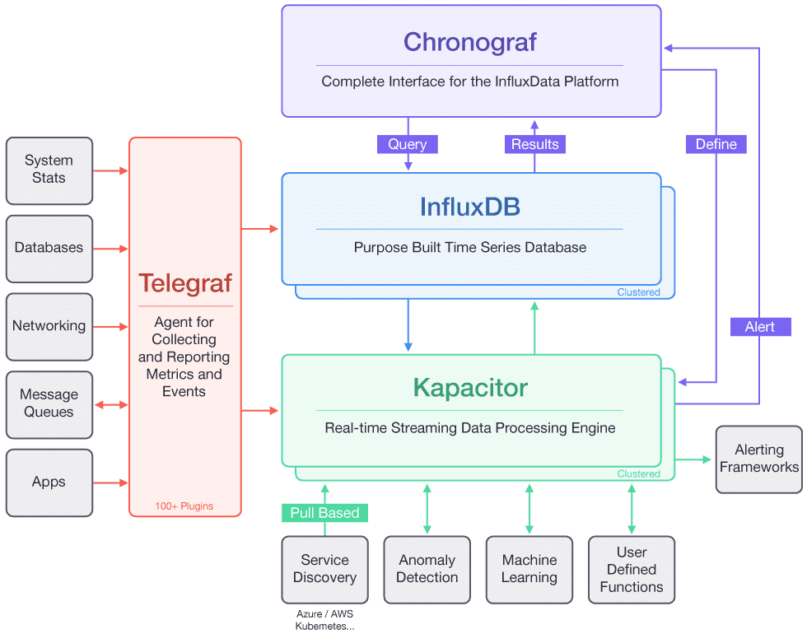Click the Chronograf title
[x=469, y=42]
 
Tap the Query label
[x=408, y=144]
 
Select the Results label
[x=534, y=144]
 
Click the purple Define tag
[x=716, y=144]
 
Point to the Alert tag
[x=759, y=327]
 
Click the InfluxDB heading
[x=469, y=206]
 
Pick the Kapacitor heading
[x=469, y=387]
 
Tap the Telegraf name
[x=184, y=282]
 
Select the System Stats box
[x=49, y=170]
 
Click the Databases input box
[x=49, y=248]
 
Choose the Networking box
[x=49, y=326]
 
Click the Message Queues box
[x=49, y=403]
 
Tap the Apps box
[x=49, y=482]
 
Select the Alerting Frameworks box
[x=758, y=459]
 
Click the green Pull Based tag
[x=325, y=513]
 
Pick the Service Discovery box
[x=324, y=569]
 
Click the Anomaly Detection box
[x=427, y=569]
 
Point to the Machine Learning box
[x=529, y=569]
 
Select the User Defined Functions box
[x=631, y=569]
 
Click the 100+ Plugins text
[x=184, y=506]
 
